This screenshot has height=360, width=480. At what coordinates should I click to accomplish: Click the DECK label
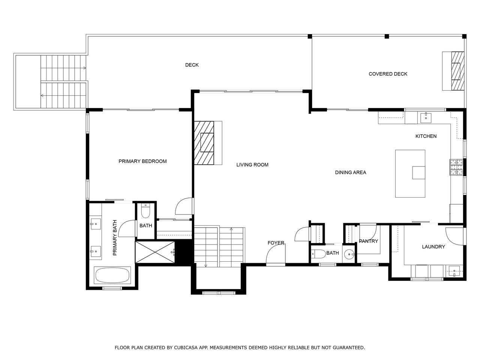[192, 65]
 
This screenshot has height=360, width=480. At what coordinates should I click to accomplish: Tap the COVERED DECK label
[388, 74]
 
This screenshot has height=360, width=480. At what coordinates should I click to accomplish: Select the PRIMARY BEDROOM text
[142, 161]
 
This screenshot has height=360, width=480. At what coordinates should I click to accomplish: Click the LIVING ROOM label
[252, 165]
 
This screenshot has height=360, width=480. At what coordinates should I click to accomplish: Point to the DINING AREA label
[351, 172]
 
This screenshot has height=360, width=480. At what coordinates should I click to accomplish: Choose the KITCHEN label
[426, 136]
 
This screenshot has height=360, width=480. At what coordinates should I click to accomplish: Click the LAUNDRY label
[433, 247]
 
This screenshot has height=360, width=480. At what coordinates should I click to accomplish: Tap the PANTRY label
[369, 241]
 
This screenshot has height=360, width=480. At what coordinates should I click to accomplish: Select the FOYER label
[276, 243]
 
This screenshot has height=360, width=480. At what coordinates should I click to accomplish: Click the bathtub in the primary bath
[112, 275]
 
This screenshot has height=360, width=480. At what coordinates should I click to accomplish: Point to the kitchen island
[410, 174]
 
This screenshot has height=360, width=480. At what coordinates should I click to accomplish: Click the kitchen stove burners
[456, 167]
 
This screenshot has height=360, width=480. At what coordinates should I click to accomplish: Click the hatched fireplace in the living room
[204, 143]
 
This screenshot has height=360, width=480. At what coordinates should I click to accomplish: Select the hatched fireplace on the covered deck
[458, 71]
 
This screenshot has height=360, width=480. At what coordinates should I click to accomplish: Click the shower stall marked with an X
[155, 252]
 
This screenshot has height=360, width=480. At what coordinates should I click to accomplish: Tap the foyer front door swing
[276, 254]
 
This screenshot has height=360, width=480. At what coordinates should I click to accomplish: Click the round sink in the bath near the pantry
[349, 254]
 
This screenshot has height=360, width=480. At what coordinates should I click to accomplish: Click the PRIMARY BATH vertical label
[115, 238]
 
